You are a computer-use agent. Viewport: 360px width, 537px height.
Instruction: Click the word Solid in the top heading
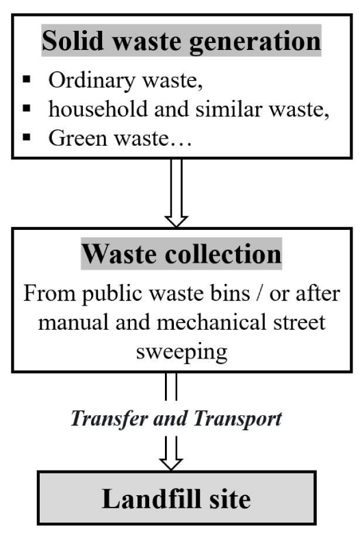[73, 40]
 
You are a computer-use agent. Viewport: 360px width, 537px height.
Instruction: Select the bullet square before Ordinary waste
[27, 79]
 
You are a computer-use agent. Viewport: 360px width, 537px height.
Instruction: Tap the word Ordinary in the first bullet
[92, 81]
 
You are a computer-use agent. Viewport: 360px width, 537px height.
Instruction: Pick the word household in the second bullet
[98, 109]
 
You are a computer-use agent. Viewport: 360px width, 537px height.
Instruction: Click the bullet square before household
[27, 109]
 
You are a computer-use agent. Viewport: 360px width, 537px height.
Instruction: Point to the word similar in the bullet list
[229, 109]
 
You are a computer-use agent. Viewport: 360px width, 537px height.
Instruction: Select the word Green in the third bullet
[78, 138]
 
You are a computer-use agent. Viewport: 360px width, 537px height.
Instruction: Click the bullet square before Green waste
[27, 137]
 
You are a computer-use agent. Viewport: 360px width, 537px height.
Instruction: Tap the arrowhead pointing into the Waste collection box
[176, 221]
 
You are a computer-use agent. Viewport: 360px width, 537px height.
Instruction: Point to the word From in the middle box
[49, 293]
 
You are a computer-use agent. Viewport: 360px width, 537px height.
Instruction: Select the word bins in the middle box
[230, 293]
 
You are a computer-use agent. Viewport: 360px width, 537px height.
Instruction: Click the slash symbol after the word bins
[259, 294]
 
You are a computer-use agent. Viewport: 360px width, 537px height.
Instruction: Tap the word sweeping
[181, 352]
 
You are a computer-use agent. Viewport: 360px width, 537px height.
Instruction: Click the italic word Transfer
[110, 419]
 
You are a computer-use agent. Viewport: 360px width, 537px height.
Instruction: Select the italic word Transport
[237, 419]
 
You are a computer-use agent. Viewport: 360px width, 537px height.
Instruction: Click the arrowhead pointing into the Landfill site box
[171, 464]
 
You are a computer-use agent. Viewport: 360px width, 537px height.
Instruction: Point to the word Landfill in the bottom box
[151, 499]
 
